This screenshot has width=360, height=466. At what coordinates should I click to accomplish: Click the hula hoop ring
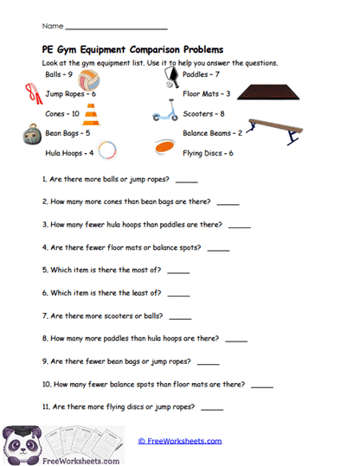107,152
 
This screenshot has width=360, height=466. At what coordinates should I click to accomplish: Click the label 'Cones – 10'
62,113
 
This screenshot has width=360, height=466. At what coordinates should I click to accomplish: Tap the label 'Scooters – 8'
204,113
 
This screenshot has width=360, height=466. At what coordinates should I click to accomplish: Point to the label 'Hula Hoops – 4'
69,153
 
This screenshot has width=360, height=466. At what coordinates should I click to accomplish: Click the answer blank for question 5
177,271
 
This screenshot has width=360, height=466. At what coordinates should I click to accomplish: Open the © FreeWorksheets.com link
180,441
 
